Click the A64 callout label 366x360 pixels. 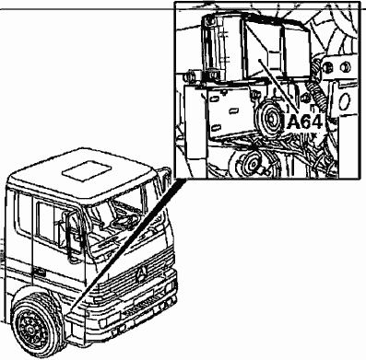pos(304,122)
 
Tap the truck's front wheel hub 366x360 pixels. pos(31,330)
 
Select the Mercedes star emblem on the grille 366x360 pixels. pos(142,273)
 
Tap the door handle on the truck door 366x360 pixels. pos(39,272)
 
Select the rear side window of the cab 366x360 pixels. pos(24,213)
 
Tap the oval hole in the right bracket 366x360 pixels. pos(345,102)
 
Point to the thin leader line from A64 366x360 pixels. pos(278,85)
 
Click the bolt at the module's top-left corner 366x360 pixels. pos(209,21)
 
